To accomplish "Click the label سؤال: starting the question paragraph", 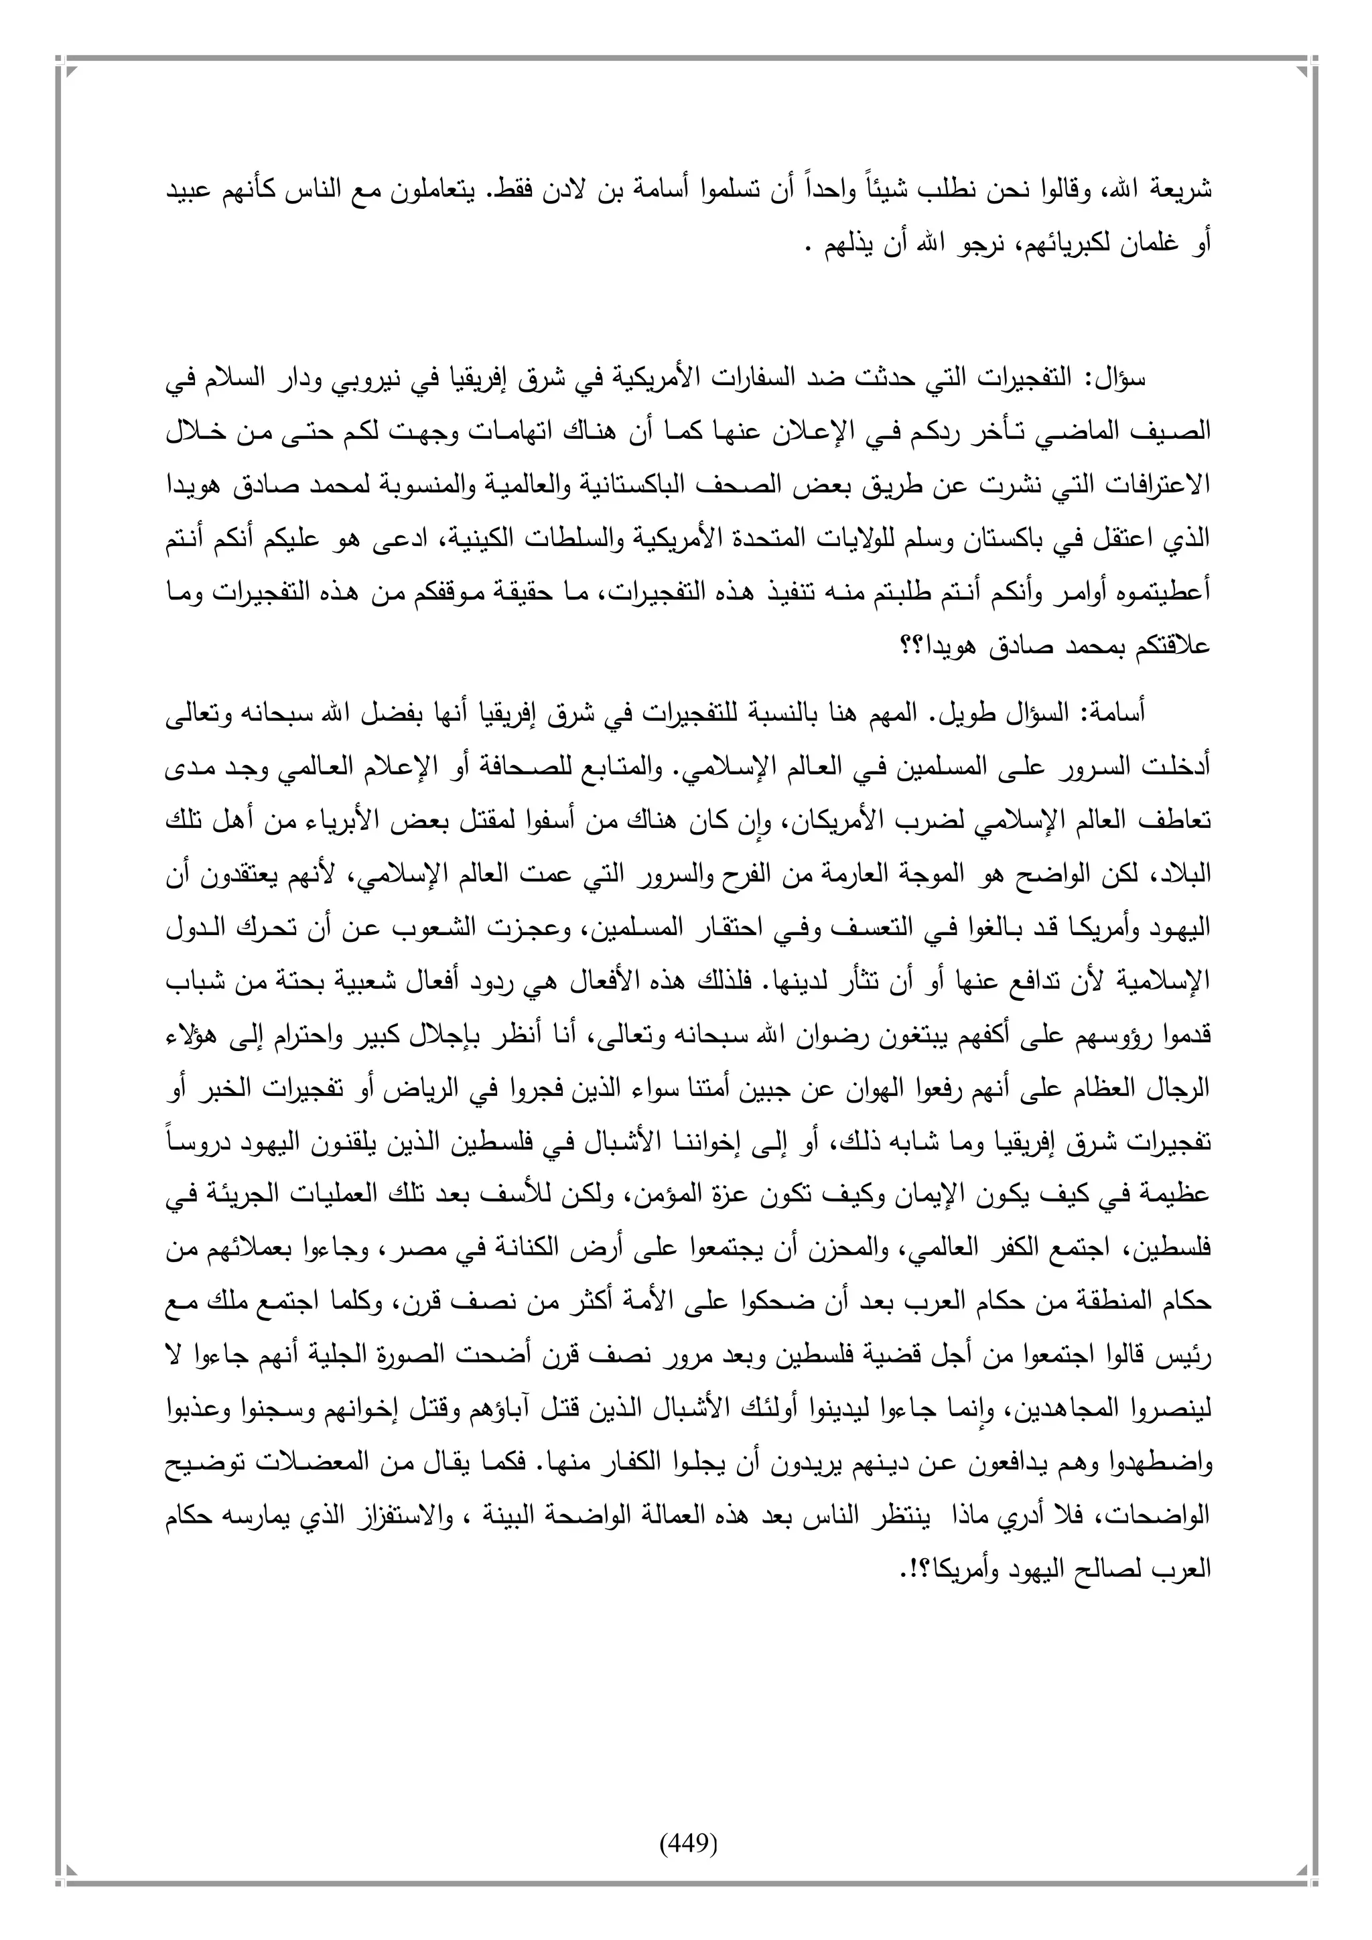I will (x=1119, y=378).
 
